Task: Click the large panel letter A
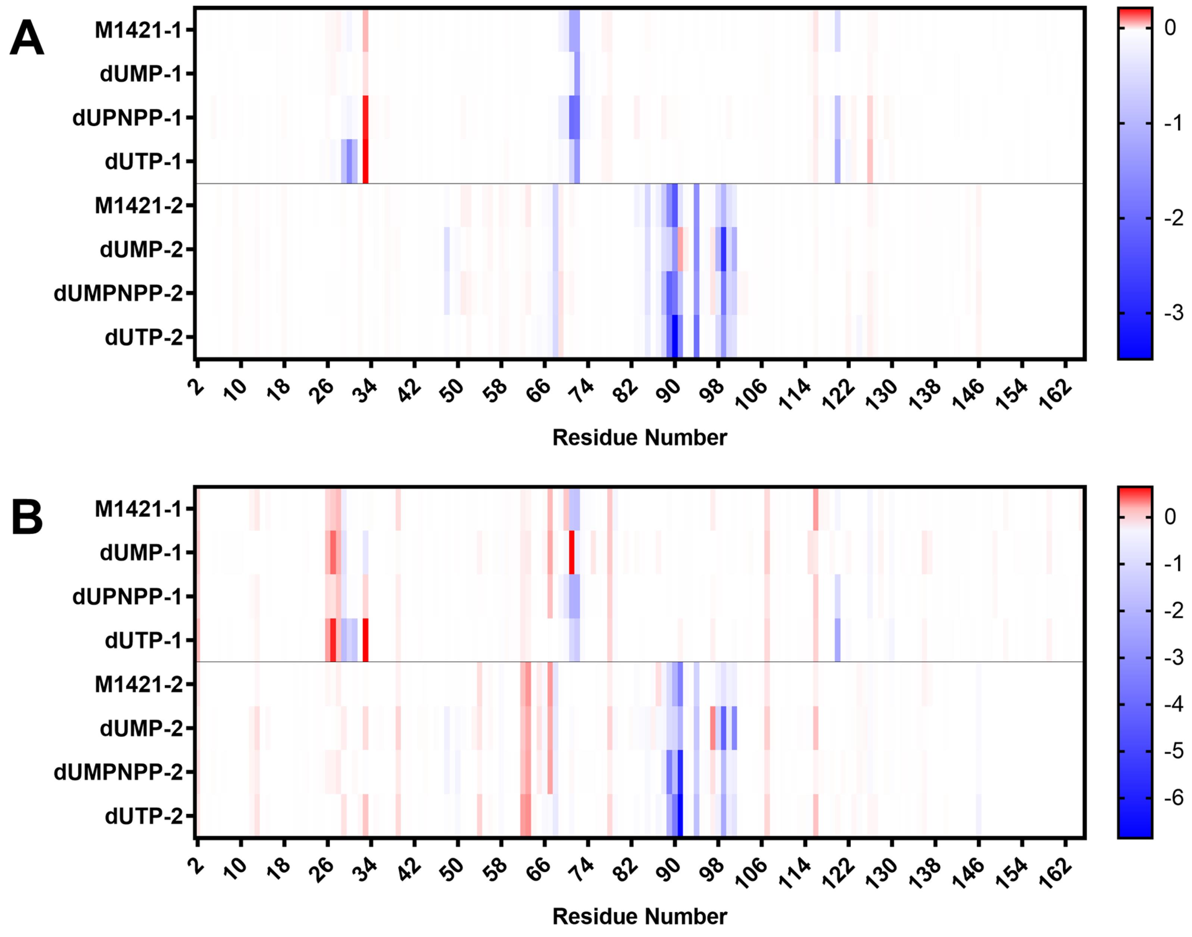tap(27, 38)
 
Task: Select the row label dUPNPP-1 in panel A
tap(127, 117)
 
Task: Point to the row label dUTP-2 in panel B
tap(144, 816)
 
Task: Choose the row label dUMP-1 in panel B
tap(141, 553)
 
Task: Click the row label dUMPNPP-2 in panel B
tap(118, 773)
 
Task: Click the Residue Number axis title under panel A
tap(640, 438)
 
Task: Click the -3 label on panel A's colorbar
tap(1173, 313)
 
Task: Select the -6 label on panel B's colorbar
tap(1173, 798)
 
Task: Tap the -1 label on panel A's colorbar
tap(1173, 123)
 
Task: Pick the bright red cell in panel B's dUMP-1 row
tap(572, 553)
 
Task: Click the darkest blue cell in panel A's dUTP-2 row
tap(675, 337)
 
